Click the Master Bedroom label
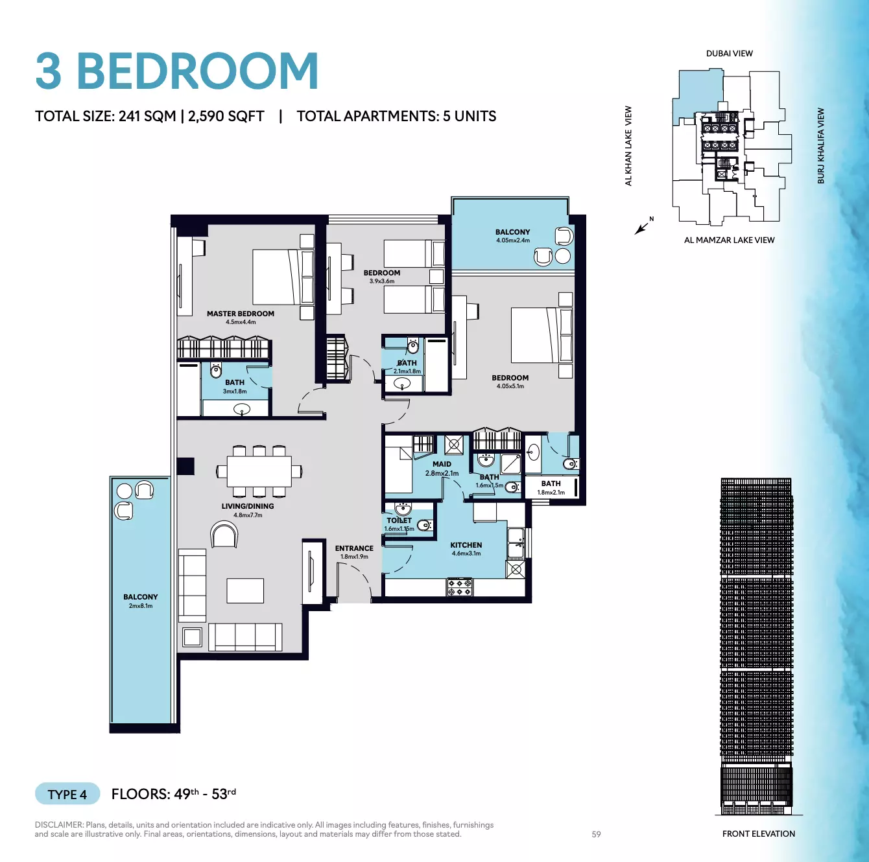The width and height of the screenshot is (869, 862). pos(241,314)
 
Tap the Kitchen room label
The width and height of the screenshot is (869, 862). pos(466,545)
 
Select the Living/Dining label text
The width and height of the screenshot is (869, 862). pos(248,506)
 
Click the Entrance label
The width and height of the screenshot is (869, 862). pos(354,548)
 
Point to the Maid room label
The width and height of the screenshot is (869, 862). pos(442,464)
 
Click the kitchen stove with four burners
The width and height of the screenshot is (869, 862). pos(460,587)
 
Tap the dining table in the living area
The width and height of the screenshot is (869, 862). pos(259,471)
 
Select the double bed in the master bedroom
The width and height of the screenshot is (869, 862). pos(283,277)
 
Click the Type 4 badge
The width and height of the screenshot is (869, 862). pos(67,794)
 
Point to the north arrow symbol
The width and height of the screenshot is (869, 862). pos(642,227)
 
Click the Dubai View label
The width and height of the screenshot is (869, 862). pos(729,53)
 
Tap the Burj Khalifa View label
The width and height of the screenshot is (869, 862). pos(821,146)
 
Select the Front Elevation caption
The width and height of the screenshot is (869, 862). pos(759,833)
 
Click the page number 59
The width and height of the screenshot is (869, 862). pos(596,835)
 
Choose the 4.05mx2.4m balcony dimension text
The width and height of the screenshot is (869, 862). pos(513,240)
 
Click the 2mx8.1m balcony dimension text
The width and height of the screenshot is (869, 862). pos(141,605)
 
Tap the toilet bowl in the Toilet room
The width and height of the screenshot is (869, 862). pos(424,525)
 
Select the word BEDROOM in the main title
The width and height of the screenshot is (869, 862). pos(198,71)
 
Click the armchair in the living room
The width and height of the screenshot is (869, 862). pos(224,534)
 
